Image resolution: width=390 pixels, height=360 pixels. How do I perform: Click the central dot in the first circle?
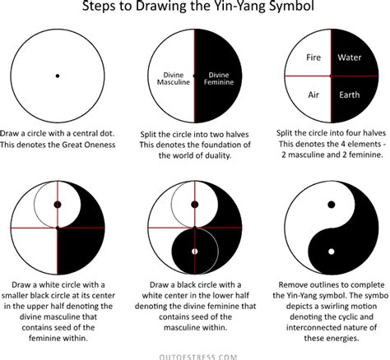coord(57,76)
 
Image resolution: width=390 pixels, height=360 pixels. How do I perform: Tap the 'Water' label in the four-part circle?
coord(349,58)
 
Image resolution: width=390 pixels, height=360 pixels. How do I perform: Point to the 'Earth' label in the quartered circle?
coord(349,95)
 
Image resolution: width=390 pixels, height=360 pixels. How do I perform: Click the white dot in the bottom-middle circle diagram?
coord(194,250)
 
